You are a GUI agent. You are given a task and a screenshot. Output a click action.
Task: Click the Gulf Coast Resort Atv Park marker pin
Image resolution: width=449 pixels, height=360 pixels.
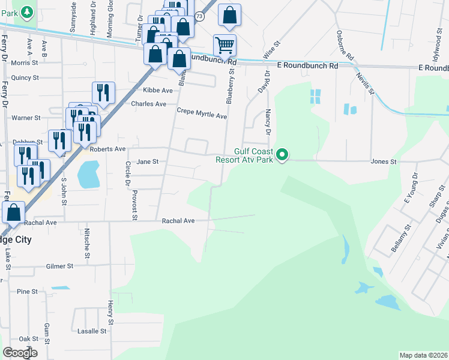click(x=280, y=155)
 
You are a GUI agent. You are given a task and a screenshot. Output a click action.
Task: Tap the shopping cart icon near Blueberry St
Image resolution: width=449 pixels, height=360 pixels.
click(x=224, y=44)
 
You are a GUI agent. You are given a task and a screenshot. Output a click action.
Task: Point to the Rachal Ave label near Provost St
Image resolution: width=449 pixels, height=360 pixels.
click(x=178, y=221)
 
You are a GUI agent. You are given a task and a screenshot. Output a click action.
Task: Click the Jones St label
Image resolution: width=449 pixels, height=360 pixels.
click(x=384, y=161)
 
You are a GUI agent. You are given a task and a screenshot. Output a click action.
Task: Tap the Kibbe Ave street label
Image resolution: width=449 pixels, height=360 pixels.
click(x=157, y=91)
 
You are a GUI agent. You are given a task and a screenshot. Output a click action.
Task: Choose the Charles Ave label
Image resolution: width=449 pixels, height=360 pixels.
click(x=148, y=104)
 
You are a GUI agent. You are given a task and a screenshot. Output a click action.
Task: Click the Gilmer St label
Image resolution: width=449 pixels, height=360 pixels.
click(x=59, y=266)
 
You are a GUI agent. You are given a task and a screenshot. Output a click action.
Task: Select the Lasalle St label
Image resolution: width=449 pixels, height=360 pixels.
click(x=92, y=331)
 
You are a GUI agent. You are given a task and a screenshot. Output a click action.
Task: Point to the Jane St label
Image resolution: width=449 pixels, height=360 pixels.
click(x=147, y=161)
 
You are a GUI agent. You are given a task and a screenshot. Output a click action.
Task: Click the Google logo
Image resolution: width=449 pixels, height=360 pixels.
click(x=20, y=353)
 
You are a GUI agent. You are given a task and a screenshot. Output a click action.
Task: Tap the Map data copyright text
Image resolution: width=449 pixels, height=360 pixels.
click(x=423, y=355)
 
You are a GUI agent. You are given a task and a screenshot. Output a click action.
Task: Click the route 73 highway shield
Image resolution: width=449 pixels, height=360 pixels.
click(x=199, y=17)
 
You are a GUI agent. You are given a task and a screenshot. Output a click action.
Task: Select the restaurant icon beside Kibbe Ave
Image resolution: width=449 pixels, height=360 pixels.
click(x=103, y=92)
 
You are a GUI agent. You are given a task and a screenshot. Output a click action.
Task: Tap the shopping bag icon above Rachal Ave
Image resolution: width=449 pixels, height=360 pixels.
click(x=13, y=211)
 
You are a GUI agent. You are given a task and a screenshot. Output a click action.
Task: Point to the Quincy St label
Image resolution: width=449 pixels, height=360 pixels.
click(x=25, y=77)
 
